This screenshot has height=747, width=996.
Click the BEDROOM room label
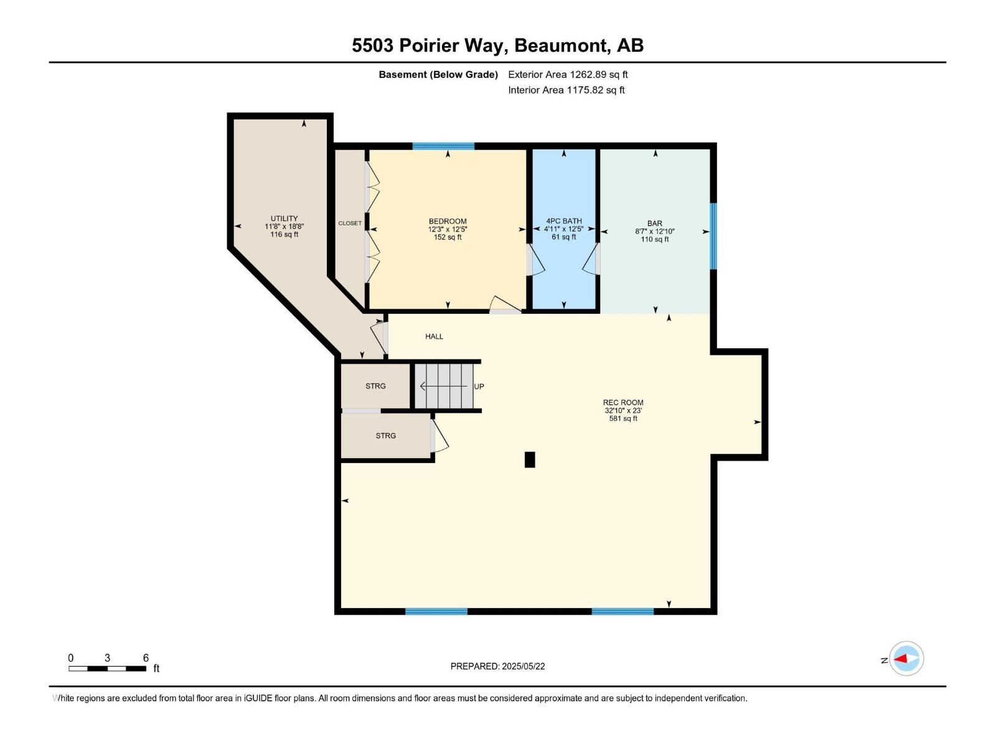(x=448, y=222)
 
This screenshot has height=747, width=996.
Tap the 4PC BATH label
(x=564, y=221)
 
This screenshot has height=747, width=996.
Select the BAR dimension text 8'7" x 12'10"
(x=654, y=232)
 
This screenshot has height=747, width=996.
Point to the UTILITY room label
(x=284, y=218)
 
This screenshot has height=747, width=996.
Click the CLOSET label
(x=350, y=223)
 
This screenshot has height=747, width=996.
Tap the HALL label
(x=434, y=337)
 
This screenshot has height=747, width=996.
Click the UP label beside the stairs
(x=479, y=387)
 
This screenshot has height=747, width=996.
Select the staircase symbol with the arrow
(x=444, y=387)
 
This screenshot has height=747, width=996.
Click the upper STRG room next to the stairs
(x=375, y=386)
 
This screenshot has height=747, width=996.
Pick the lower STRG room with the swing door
(x=385, y=436)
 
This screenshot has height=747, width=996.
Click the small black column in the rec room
(x=530, y=459)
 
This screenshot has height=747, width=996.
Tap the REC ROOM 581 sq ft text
(x=623, y=419)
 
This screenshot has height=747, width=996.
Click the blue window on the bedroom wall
(x=443, y=146)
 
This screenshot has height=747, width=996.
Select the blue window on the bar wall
(x=713, y=236)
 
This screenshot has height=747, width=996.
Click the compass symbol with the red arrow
(x=906, y=659)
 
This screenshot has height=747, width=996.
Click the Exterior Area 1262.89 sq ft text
(x=568, y=75)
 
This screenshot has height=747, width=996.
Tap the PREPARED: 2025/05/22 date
(x=497, y=667)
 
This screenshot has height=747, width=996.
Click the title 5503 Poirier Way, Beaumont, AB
(x=497, y=45)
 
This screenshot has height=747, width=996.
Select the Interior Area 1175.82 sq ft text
(x=566, y=90)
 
